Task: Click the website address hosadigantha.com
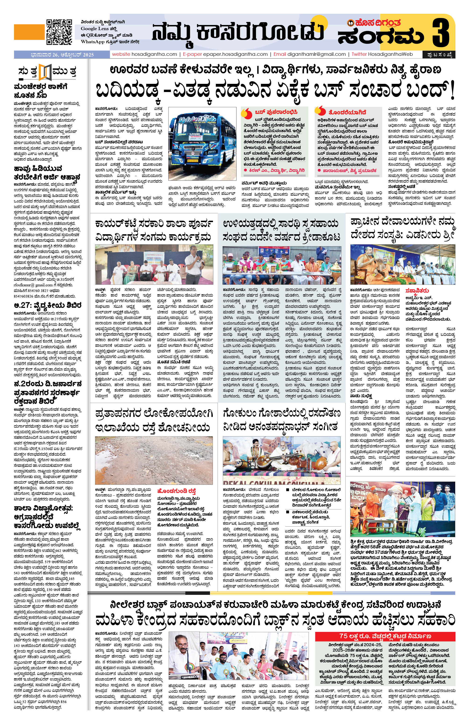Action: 145,54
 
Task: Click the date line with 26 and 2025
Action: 62,55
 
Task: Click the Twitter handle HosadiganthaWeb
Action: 390,54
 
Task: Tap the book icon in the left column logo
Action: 46,72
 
